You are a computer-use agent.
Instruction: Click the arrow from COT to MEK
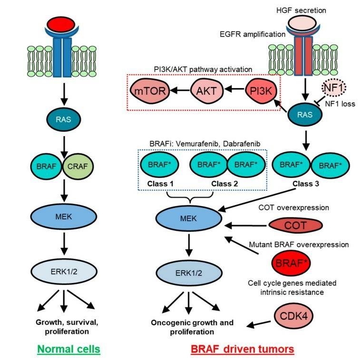click(243, 223)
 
